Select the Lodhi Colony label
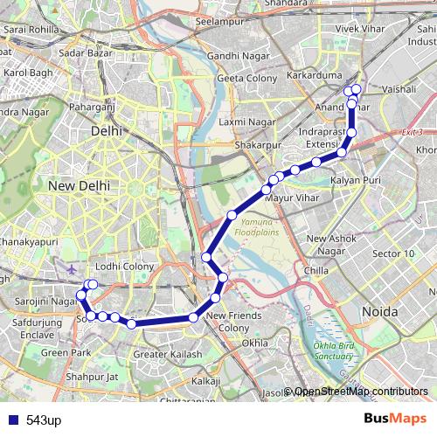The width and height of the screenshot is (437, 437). click(125, 266)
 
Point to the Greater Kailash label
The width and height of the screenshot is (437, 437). click(168, 354)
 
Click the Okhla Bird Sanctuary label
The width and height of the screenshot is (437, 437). click(336, 350)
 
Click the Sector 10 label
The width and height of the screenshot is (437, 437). click(394, 253)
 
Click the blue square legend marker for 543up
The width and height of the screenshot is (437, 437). click(12, 420)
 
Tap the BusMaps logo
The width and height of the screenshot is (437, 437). click(394, 419)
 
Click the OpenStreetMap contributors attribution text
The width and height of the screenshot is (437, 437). click(361, 392)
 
